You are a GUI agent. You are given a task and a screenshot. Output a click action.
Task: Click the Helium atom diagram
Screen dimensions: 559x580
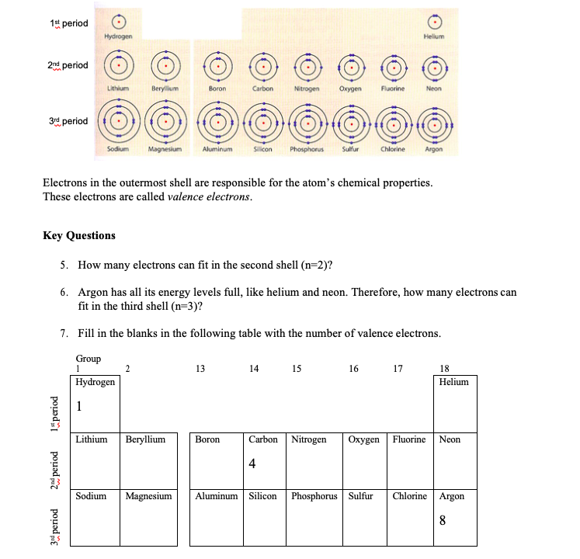click(x=433, y=23)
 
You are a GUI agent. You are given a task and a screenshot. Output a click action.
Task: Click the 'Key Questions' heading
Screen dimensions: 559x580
click(x=79, y=235)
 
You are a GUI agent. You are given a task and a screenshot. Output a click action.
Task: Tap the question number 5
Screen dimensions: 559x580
click(x=63, y=265)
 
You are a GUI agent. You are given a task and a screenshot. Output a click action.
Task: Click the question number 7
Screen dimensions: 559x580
click(x=63, y=333)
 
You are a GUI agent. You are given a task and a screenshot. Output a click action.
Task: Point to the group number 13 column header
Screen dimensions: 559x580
click(x=200, y=370)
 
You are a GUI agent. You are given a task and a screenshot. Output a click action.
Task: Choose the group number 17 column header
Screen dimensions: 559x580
click(x=398, y=370)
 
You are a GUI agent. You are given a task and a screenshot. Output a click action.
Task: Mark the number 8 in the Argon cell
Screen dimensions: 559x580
click(x=442, y=520)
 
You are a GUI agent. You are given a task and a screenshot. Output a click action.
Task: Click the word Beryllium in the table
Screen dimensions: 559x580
click(x=145, y=439)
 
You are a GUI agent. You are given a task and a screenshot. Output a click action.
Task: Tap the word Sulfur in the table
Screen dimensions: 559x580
click(x=361, y=496)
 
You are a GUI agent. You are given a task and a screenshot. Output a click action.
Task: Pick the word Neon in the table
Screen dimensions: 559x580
click(x=450, y=439)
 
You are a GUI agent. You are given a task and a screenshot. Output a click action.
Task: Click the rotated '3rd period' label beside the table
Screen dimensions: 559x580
click(x=54, y=526)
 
